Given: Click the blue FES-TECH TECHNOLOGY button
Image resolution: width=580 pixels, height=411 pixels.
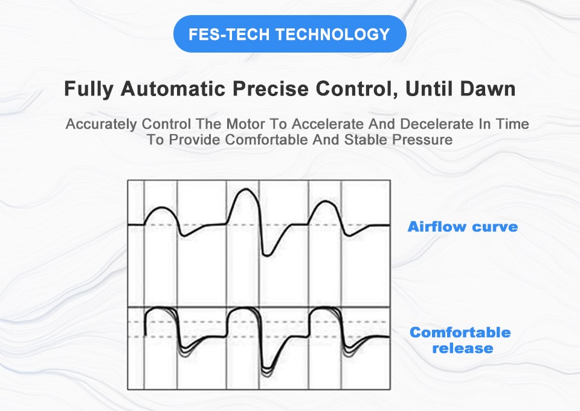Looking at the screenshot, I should coord(289,34).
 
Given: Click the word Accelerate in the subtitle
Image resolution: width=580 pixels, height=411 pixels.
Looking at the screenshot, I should coord(323,125).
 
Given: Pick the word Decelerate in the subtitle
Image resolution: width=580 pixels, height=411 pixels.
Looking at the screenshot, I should coord(431,125).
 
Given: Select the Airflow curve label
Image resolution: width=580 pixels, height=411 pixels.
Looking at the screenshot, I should coord(462,227).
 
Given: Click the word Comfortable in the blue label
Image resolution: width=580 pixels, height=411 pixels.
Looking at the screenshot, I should coord(460,332).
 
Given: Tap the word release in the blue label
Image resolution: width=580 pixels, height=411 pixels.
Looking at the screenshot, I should coord(462,348).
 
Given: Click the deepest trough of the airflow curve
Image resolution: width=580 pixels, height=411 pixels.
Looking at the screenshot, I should coord(266,254).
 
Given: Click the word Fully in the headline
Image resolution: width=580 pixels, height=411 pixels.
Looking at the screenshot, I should coord(89,89).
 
